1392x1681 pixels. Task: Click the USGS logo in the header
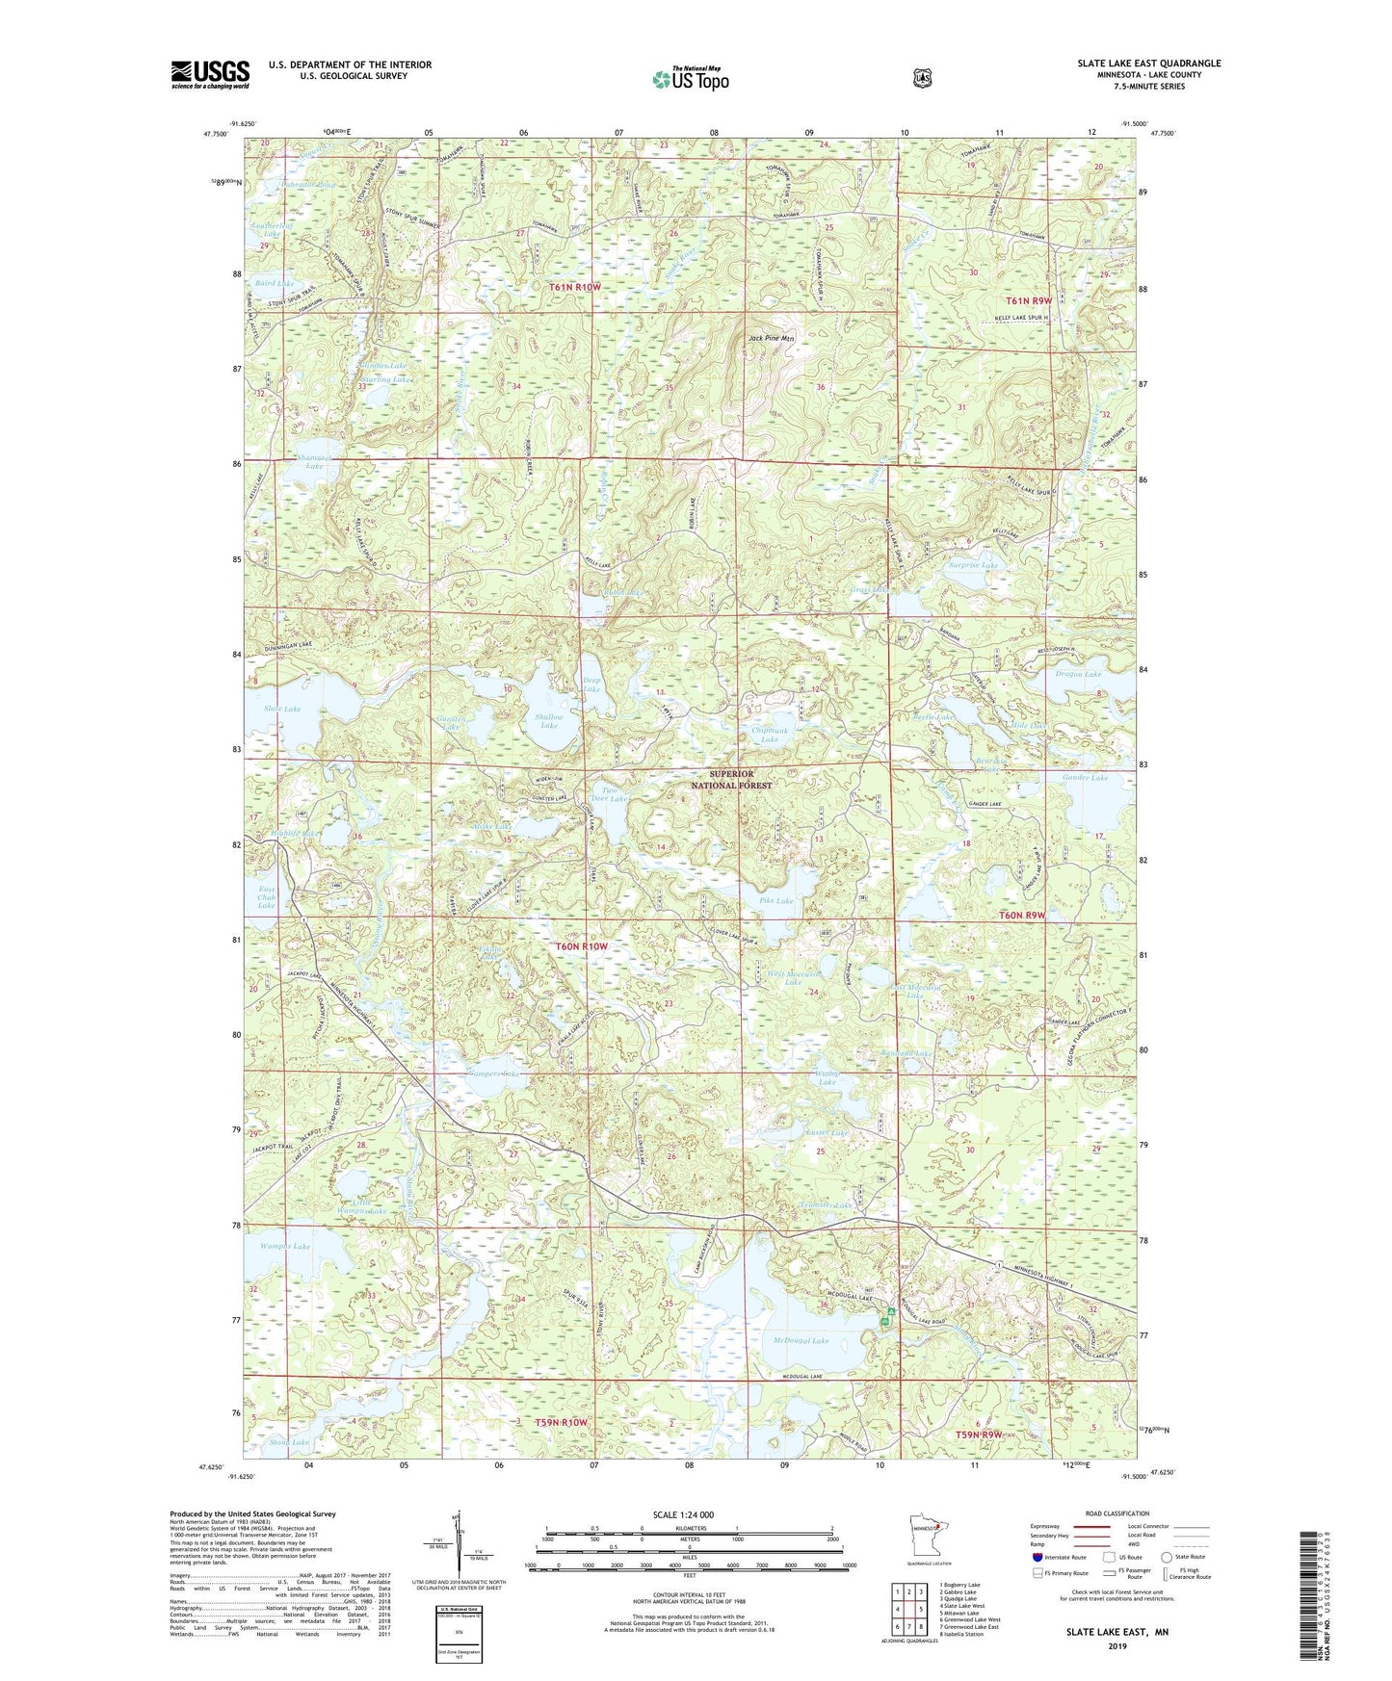tap(210, 74)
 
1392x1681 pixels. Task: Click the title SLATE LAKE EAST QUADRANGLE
tap(1148, 64)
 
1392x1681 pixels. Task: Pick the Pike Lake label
tap(775, 901)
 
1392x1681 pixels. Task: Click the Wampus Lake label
tap(285, 1247)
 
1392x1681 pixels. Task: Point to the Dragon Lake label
tap(1078, 674)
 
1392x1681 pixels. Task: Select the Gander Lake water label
tap(1085, 777)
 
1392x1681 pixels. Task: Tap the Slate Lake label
tap(282, 709)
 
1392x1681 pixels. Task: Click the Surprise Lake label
tap(973, 565)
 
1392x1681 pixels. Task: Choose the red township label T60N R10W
tap(582, 946)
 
